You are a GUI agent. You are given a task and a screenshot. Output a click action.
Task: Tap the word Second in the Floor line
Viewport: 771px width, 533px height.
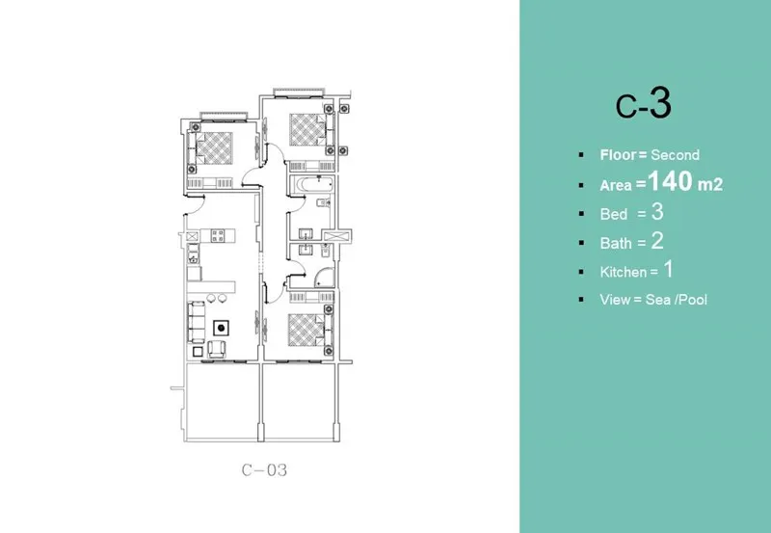675,154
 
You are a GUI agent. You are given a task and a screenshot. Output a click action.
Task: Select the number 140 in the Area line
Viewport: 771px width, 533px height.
671,182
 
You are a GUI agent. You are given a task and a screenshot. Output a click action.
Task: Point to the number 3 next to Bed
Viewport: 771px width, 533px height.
658,212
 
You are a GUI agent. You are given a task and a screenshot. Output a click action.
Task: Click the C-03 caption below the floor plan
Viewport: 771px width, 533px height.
264,471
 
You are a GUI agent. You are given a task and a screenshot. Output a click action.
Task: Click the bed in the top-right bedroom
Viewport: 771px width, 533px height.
306,128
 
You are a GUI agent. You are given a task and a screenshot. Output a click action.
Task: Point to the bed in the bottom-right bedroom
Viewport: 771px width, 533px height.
306,328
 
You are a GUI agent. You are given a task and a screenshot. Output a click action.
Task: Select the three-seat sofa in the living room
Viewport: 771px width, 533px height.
196,317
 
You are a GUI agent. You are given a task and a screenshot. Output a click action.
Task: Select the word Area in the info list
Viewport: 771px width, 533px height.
616,184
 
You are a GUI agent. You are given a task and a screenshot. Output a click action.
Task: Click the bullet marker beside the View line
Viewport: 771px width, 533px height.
580,300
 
